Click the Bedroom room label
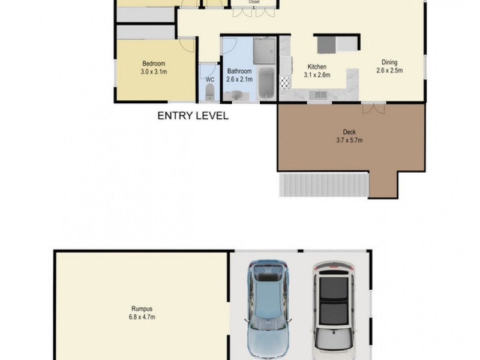pos(154,64)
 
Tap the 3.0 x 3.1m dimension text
pos(154,72)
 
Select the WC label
pos(209,79)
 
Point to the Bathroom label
pos(239,71)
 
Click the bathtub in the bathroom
pos(266,84)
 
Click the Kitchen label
pos(317,67)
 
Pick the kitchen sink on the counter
pos(318,94)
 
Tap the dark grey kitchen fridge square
pos(326,44)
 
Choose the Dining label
pos(389,62)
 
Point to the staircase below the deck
pos(323,185)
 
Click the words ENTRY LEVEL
pos(193,116)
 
